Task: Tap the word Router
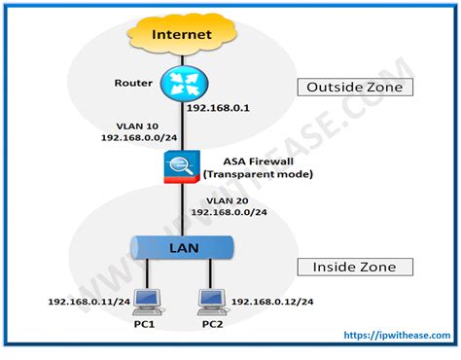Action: [133, 84]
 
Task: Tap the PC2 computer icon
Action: [211, 301]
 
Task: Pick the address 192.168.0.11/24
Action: [88, 302]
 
